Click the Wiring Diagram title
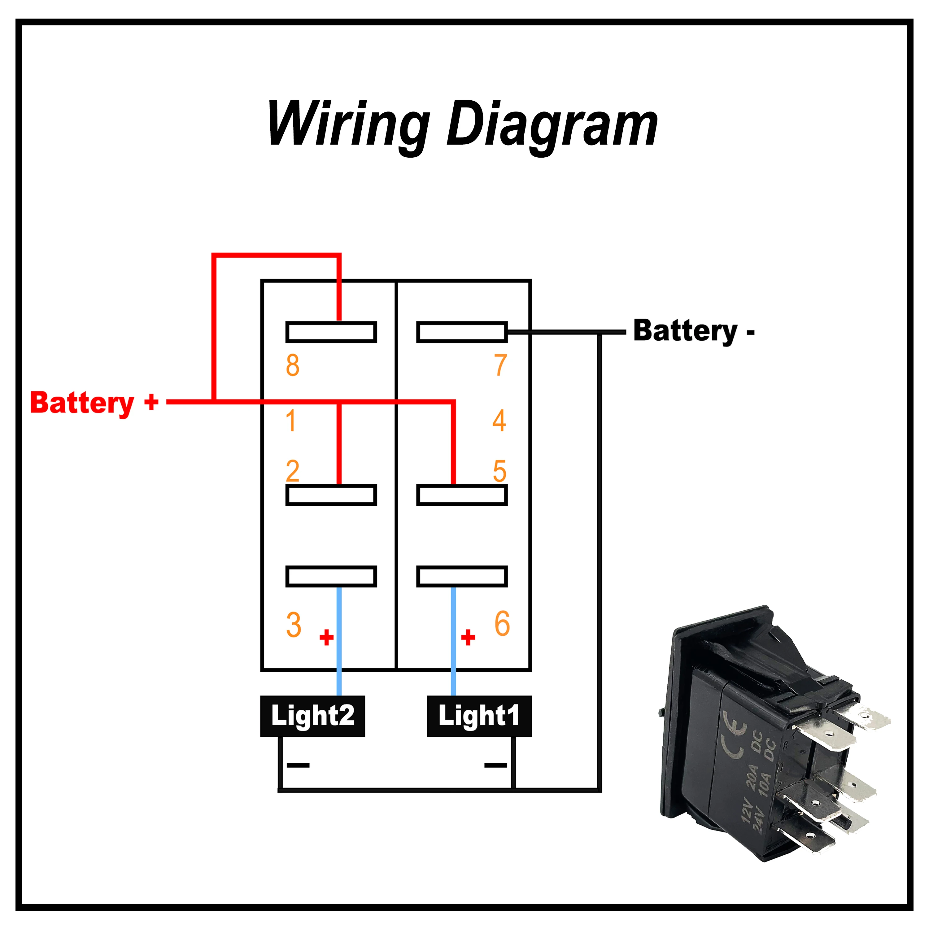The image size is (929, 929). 463,126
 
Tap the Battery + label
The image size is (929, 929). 94,403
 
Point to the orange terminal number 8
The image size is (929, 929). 292,365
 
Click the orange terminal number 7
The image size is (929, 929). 500,365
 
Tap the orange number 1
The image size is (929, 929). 290,421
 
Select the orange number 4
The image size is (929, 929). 499,421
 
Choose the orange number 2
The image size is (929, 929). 292,471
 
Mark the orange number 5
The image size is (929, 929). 499,471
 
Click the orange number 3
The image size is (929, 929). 293,625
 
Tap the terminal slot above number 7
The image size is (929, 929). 462,332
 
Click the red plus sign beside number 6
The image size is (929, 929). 468,638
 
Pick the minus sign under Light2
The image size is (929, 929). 298,765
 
